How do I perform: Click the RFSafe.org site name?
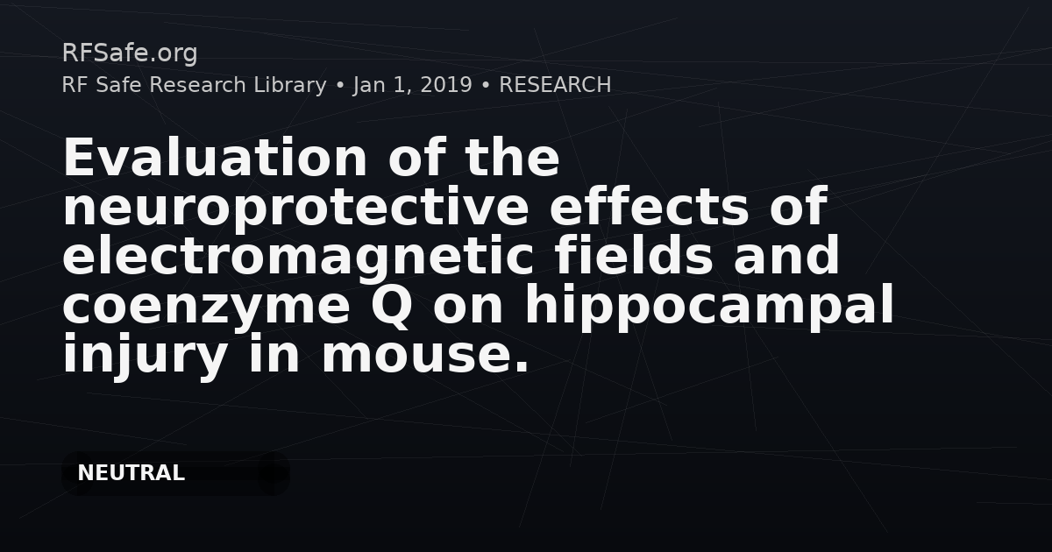point(130,53)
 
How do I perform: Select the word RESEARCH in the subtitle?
point(555,85)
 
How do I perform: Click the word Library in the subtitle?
point(290,86)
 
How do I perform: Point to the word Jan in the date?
point(369,85)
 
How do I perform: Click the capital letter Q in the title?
point(391,306)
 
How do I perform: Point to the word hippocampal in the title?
point(709,307)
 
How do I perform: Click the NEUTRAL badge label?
point(131,473)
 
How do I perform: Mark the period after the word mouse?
point(522,366)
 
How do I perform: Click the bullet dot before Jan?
point(340,86)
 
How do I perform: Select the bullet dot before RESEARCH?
point(486,86)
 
